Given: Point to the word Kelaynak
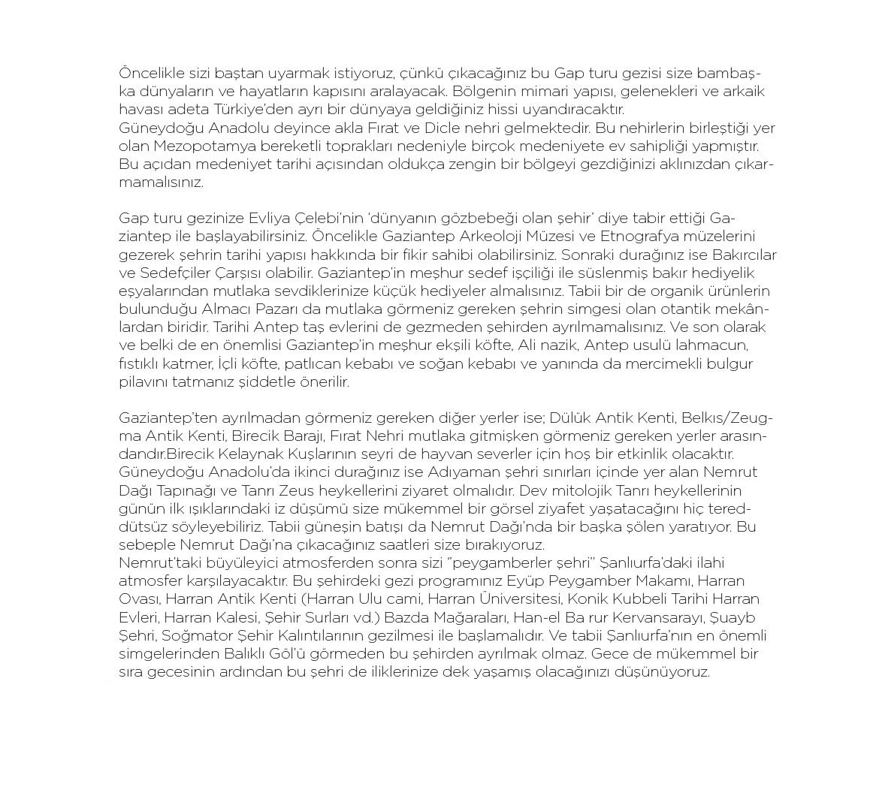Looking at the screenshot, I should click(x=250, y=454).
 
